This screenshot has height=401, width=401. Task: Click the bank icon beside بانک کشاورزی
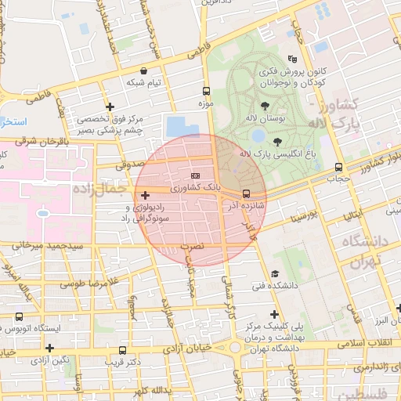pos(195,175)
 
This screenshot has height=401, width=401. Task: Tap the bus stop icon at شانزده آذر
pos(246,193)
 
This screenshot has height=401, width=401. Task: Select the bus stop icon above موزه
pos(206,90)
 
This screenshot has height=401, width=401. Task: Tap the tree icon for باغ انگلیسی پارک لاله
pos(277,142)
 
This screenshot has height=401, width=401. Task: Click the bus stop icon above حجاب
pos(338,167)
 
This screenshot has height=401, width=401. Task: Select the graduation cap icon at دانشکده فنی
pos(274,273)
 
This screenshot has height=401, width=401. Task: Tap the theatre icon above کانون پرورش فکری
pos(293,59)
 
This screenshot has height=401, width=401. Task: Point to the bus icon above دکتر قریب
pos(121,350)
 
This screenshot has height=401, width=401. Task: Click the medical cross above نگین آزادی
pos(50,347)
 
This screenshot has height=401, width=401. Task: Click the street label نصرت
pos(192,246)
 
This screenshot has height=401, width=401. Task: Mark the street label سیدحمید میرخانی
pos(47,246)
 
